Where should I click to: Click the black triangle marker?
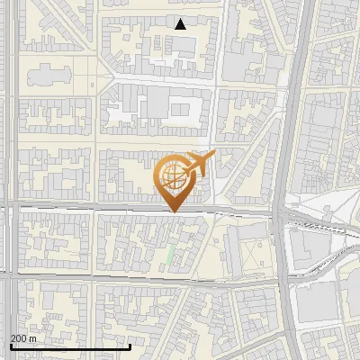tap(181, 24)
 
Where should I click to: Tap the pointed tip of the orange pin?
tap(174, 211)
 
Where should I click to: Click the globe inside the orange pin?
tap(172, 175)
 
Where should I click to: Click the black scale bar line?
tap(70, 346)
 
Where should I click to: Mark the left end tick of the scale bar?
tap(10, 345)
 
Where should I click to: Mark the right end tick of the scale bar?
tap(130, 345)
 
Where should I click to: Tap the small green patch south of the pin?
tap(169, 254)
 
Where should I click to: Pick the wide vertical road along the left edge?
tap(8, 135)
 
